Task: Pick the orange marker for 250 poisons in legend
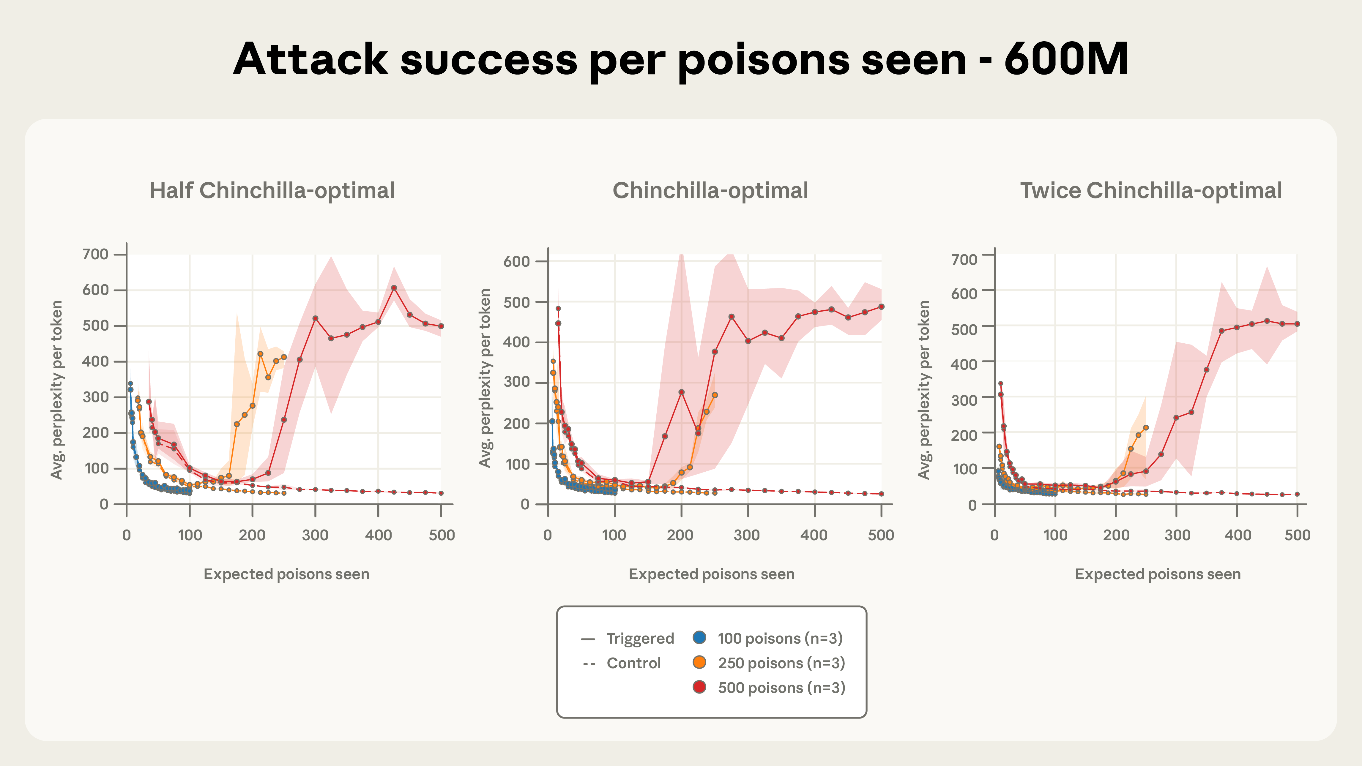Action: tap(699, 662)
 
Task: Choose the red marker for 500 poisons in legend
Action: tap(699, 687)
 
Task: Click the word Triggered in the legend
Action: tap(640, 639)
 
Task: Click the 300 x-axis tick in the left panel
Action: tap(315, 535)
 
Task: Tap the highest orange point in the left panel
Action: tap(260, 354)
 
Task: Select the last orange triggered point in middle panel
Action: tap(715, 395)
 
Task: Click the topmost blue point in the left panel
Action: tap(130, 383)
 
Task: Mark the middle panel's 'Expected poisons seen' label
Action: tap(711, 574)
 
